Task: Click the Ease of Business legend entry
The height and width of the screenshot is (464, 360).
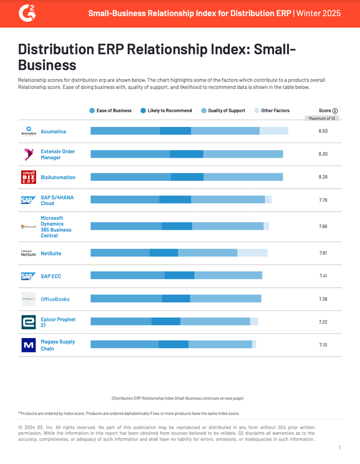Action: pos(111,110)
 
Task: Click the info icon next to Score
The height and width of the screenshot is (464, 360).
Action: pos(335,110)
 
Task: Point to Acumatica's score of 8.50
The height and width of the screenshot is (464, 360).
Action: pos(323,132)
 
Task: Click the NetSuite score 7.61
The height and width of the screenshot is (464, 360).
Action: pos(323,253)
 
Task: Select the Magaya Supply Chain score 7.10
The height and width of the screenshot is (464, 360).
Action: pos(323,345)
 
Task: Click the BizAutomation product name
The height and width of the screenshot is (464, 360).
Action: pos(58,177)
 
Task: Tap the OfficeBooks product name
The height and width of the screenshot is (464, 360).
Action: pos(55,299)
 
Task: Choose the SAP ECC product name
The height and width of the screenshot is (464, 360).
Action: pos(51,276)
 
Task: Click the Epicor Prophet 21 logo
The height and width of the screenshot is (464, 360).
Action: pos(28,322)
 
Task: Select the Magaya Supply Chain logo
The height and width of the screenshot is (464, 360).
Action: pos(28,345)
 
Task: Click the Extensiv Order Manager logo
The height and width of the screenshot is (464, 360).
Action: pos(28,154)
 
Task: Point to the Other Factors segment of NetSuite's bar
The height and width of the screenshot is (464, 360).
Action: pos(252,253)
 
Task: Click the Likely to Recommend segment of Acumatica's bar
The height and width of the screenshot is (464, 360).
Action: pos(175,131)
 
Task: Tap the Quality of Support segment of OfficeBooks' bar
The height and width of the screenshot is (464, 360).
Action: pos(225,299)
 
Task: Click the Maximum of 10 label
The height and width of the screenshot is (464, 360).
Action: pos(322,118)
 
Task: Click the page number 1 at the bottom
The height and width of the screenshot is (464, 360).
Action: pos(339,448)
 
